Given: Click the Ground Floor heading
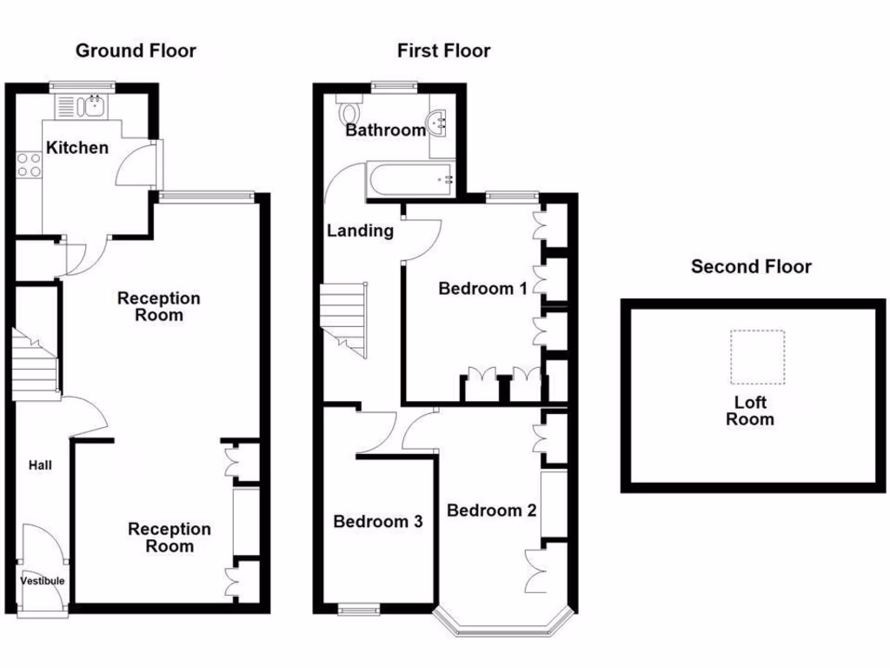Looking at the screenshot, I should point(136,50).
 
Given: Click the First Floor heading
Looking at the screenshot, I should point(443,51).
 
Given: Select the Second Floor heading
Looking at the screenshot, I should point(751,267).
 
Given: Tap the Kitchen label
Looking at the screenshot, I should point(77,148).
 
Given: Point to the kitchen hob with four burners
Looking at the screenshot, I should point(28,164).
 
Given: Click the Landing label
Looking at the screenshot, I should point(360,230).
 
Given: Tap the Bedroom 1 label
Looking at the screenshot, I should point(482,289).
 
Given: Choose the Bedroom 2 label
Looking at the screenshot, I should point(491,511).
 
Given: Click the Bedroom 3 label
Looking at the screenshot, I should point(378,522).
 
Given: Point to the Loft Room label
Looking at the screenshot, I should point(750,411).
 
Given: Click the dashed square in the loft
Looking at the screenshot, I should point(757,357).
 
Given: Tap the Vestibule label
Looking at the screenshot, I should point(43,581).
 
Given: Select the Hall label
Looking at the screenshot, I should point(39,465).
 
